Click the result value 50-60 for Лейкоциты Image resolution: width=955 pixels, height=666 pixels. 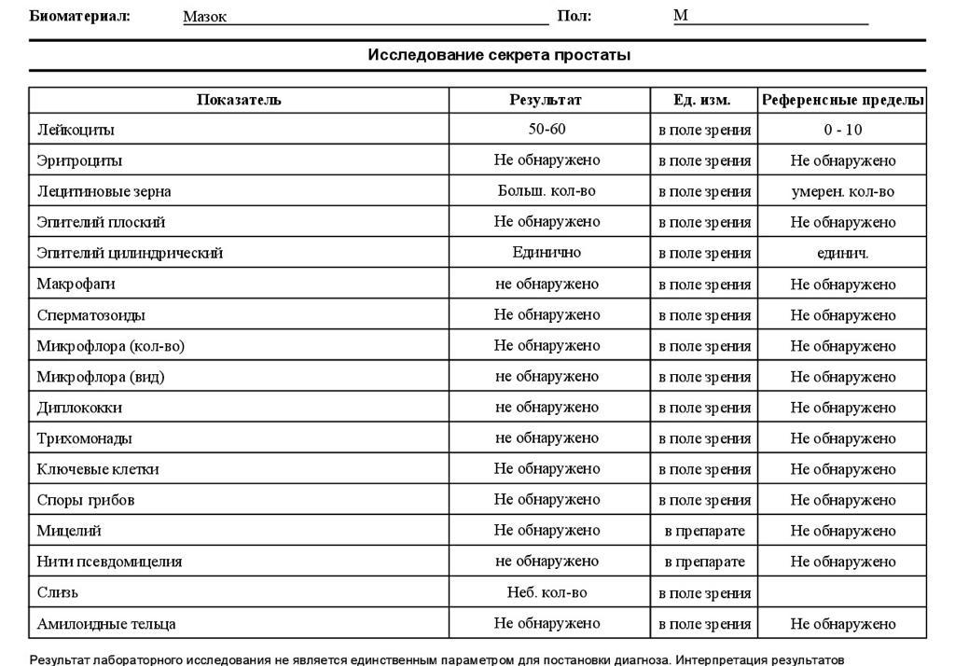[547, 130]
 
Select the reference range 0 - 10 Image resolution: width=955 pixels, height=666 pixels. [842, 130]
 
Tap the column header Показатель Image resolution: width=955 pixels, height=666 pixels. [239, 100]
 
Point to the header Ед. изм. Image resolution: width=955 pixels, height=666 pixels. [702, 100]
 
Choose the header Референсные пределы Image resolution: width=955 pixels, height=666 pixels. [843, 100]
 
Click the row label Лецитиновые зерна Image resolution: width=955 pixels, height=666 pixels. [104, 191]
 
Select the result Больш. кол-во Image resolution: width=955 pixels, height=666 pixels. [547, 191]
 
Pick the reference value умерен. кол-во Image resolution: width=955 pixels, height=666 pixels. [842, 191]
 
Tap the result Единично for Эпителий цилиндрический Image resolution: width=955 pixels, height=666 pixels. [547, 253]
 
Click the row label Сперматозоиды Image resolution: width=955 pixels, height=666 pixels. [91, 315]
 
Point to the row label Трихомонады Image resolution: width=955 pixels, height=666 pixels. [84, 438]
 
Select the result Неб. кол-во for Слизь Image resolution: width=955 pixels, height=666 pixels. [547, 592]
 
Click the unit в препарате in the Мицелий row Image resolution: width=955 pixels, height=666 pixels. [704, 531]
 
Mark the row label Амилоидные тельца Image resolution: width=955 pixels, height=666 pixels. [106, 624]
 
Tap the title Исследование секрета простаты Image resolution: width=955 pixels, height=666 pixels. [499, 55]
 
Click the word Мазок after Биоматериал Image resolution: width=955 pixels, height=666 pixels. [205, 17]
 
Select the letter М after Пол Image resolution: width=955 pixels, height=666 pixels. [681, 16]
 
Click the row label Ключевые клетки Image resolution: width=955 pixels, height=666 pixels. [98, 469]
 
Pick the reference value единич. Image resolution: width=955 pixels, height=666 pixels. [842, 253]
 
